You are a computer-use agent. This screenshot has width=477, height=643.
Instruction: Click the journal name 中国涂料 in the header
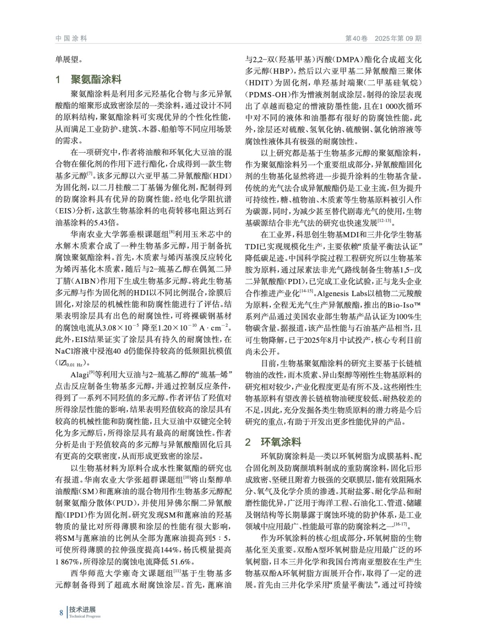pyautogui.click(x=71, y=39)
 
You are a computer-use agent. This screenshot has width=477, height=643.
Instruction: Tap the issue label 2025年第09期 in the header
pyautogui.click(x=398, y=39)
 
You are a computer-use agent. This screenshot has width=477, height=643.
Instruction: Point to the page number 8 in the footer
pyautogui.click(x=61, y=613)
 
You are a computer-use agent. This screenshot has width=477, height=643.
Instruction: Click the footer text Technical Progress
pyautogui.click(x=85, y=616)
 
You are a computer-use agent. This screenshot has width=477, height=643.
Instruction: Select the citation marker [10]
pyautogui.click(x=187, y=477)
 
